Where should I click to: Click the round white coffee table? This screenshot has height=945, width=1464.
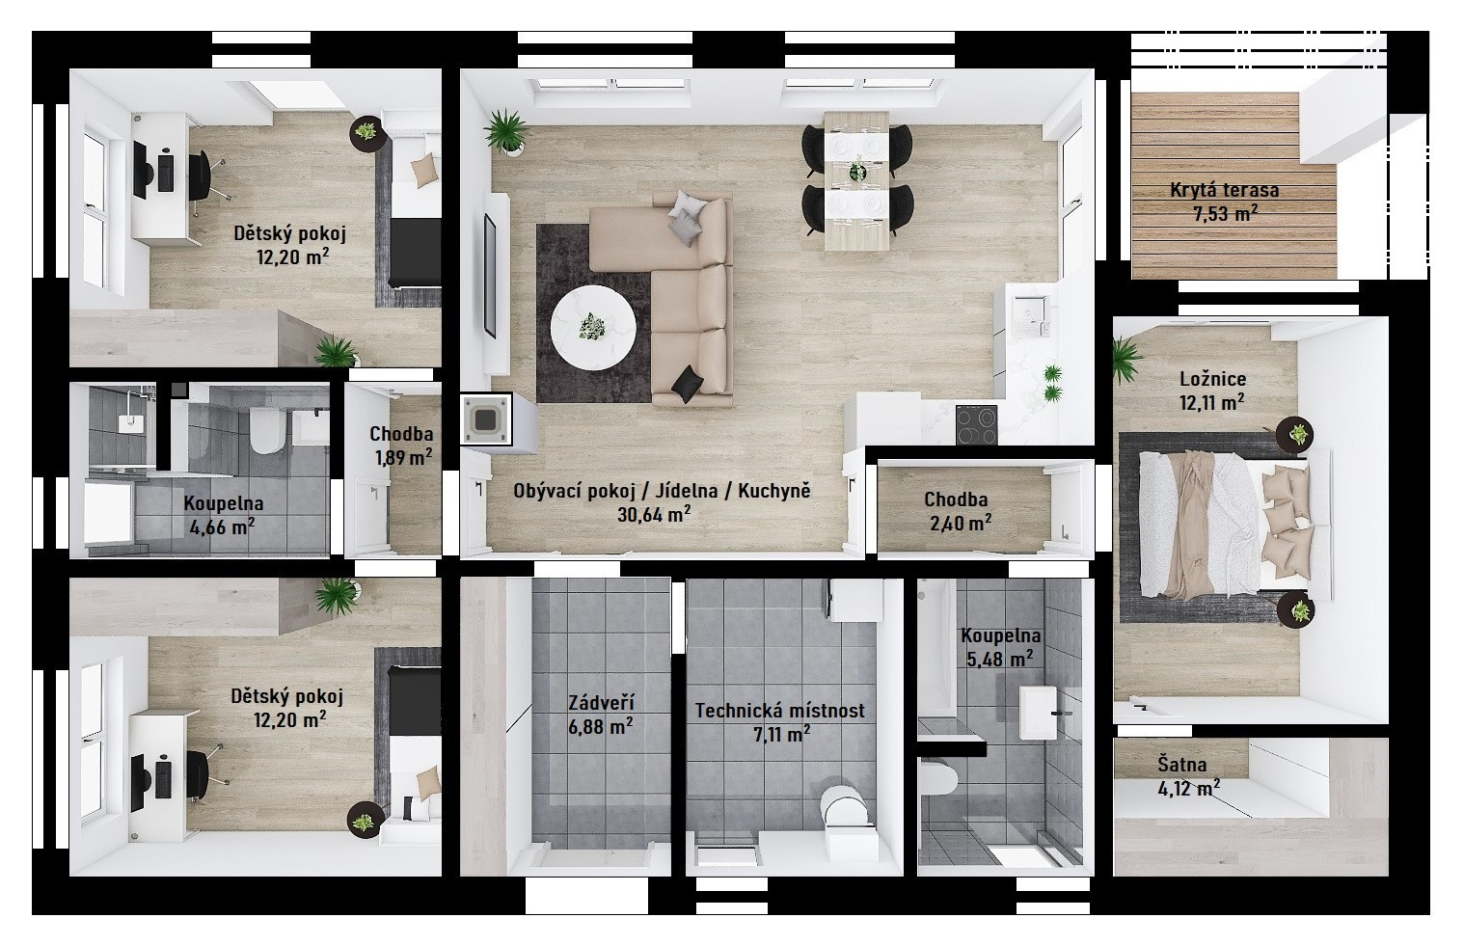click(x=593, y=328)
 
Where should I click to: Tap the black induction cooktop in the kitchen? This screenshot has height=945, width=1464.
click(x=976, y=425)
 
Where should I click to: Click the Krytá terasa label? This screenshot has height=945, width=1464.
click(x=1224, y=190)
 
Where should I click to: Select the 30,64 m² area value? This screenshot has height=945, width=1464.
click(x=654, y=514)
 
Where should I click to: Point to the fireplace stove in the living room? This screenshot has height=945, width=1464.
click(x=486, y=418)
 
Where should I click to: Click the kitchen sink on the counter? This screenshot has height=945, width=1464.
click(x=1031, y=315)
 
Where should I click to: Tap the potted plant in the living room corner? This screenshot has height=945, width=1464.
click(x=506, y=132)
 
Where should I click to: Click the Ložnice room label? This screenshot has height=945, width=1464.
click(x=1213, y=378)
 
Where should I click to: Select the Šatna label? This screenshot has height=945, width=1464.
click(x=1182, y=764)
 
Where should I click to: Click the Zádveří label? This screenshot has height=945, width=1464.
click(x=601, y=703)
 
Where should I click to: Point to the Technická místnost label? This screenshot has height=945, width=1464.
click(x=779, y=711)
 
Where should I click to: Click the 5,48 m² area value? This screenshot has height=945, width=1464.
click(x=1000, y=659)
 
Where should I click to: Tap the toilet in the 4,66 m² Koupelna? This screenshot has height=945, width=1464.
click(x=266, y=431)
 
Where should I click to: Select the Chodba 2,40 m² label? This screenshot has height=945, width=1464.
click(x=957, y=511)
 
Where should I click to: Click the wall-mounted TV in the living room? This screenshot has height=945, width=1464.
click(x=489, y=276)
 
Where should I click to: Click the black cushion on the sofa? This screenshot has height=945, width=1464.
click(x=689, y=384)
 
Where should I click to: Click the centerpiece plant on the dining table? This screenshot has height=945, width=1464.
click(x=856, y=172)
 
